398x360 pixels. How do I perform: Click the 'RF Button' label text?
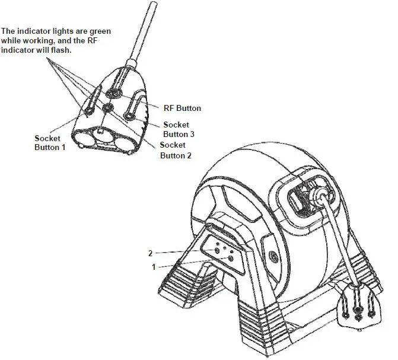(x=182, y=109)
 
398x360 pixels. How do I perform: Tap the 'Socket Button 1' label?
(x=50, y=142)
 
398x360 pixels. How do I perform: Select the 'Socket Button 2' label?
(x=176, y=150)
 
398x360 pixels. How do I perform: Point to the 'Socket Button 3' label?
(x=179, y=129)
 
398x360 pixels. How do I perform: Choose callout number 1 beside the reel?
(x=154, y=267)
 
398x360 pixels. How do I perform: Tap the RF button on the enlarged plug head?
(x=113, y=93)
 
